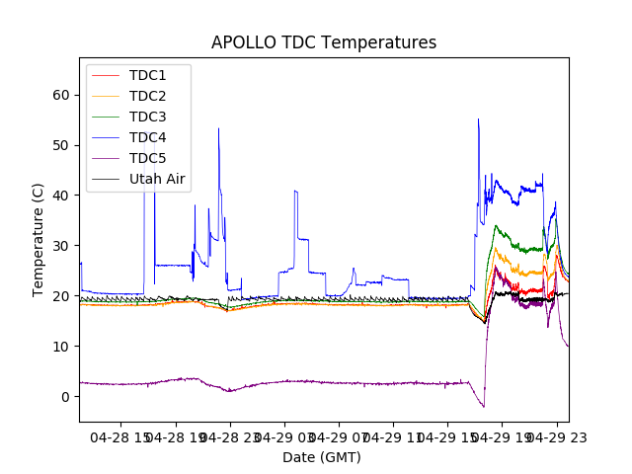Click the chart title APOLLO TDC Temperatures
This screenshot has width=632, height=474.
tap(324, 42)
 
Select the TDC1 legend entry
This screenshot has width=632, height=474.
tap(147, 75)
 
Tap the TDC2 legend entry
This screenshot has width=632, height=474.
tap(147, 96)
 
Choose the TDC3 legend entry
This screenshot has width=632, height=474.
tap(147, 117)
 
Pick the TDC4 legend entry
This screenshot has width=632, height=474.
tap(147, 137)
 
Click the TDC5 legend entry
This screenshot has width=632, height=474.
tap(147, 158)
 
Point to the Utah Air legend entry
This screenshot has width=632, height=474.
tap(157, 179)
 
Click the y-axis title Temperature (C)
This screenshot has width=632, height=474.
tap(39, 239)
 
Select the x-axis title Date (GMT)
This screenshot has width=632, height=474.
tap(322, 457)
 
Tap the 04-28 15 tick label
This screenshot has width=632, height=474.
tap(120, 436)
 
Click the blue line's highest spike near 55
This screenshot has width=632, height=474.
tap(478, 119)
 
